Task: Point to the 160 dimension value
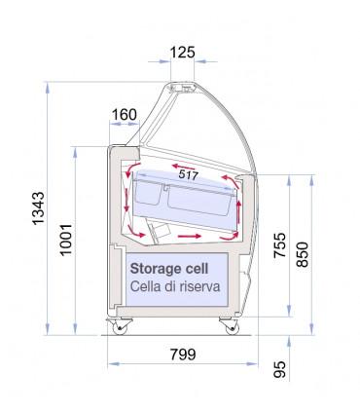click(124, 114)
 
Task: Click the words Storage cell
click(165, 269)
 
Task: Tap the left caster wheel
click(124, 327)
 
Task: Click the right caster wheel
click(230, 327)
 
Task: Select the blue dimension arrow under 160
click(124, 130)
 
